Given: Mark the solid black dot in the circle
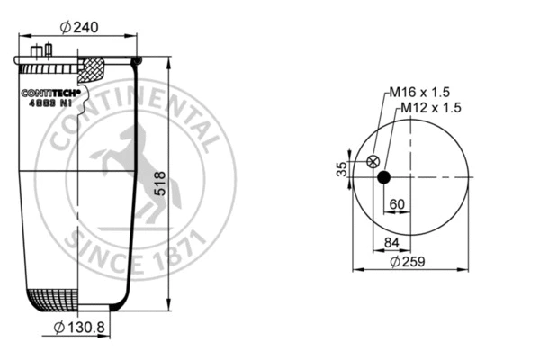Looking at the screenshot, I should [383, 176].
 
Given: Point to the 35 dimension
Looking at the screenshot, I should [342, 169].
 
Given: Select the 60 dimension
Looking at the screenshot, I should [396, 203].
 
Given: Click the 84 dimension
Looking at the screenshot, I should [391, 241].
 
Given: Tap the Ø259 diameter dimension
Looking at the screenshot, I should [409, 262].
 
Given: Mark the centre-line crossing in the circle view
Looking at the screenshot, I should [410, 176].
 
